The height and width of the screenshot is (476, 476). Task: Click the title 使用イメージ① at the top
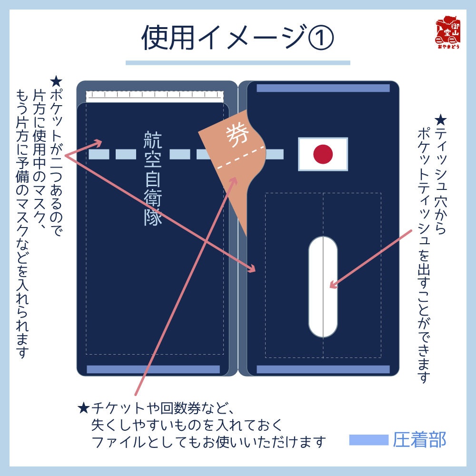click(x=238, y=38)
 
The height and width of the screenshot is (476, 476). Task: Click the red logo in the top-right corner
click(x=447, y=33)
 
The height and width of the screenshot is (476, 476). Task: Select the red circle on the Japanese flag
click(x=323, y=154)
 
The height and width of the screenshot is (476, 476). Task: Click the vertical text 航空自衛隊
click(x=153, y=178)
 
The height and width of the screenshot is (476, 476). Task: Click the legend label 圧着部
click(x=419, y=440)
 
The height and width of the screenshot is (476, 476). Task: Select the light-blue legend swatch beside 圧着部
click(x=368, y=440)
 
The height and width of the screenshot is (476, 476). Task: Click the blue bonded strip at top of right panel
click(x=323, y=88)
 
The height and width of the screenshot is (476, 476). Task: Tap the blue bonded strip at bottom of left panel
click(x=153, y=369)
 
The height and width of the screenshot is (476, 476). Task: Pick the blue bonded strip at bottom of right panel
click(x=323, y=369)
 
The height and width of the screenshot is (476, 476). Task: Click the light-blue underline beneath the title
click(x=238, y=62)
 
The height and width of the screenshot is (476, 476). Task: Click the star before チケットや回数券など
click(x=84, y=408)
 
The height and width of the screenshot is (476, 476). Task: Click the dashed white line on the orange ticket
click(x=240, y=158)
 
